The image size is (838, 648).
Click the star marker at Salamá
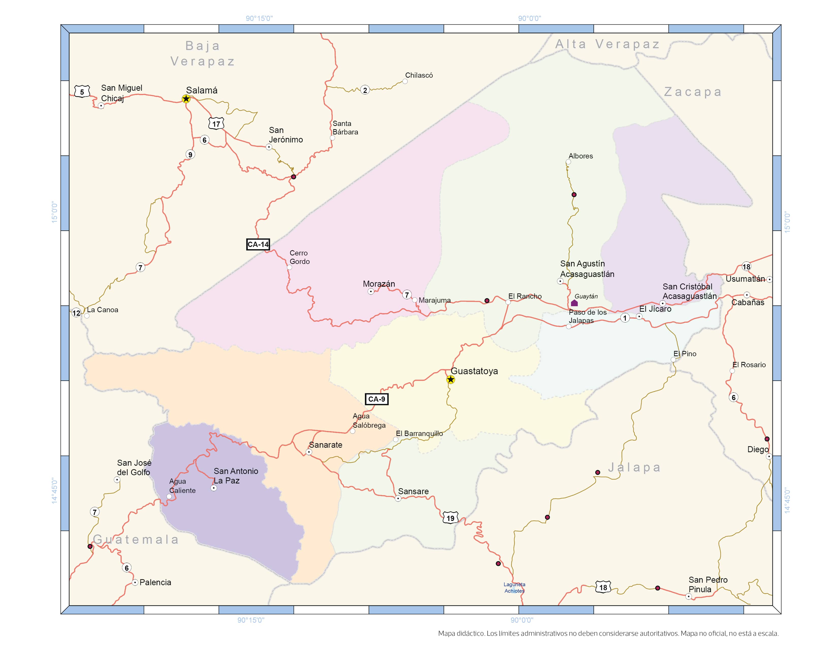point(186,99)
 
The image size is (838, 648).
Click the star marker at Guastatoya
point(451,380)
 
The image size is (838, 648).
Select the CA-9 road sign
point(376,399)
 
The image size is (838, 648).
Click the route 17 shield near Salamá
point(216,124)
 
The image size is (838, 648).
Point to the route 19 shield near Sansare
point(450,518)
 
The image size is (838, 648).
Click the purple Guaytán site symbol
point(574,303)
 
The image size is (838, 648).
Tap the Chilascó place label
point(419,75)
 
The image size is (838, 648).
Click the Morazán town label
point(379,284)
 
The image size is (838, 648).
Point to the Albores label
point(581,156)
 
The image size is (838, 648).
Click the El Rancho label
point(525,296)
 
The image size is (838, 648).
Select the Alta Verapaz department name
point(608,44)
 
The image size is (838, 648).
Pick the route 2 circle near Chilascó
point(365,90)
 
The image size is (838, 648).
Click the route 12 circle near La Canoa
point(76,313)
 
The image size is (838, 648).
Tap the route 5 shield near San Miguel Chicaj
point(82,92)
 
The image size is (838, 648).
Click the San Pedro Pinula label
point(708,584)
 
